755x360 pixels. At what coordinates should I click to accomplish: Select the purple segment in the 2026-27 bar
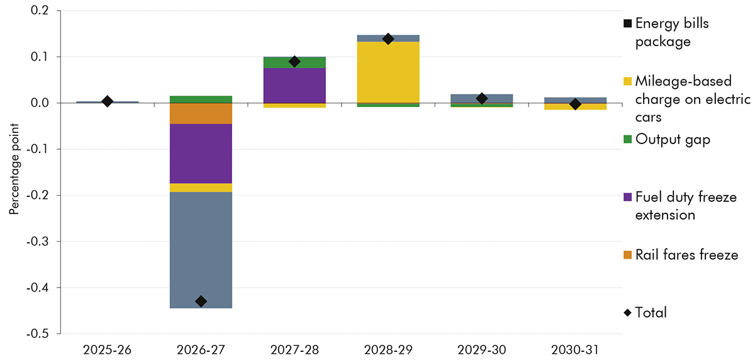[x=201, y=154]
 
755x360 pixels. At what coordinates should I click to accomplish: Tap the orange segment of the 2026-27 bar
[x=201, y=113]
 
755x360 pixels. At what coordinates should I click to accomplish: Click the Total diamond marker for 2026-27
[x=201, y=301]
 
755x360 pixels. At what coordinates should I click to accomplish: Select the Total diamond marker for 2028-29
[x=388, y=39]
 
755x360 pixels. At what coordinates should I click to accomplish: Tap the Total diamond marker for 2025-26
[x=108, y=101]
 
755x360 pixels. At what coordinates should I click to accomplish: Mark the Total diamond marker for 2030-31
[x=575, y=104]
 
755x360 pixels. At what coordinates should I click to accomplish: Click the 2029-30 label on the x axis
[x=481, y=347]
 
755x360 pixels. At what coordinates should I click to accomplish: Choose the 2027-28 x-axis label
[x=294, y=347]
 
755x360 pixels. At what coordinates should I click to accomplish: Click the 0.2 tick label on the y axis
[x=48, y=11]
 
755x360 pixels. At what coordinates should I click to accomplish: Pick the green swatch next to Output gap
[x=627, y=140]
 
